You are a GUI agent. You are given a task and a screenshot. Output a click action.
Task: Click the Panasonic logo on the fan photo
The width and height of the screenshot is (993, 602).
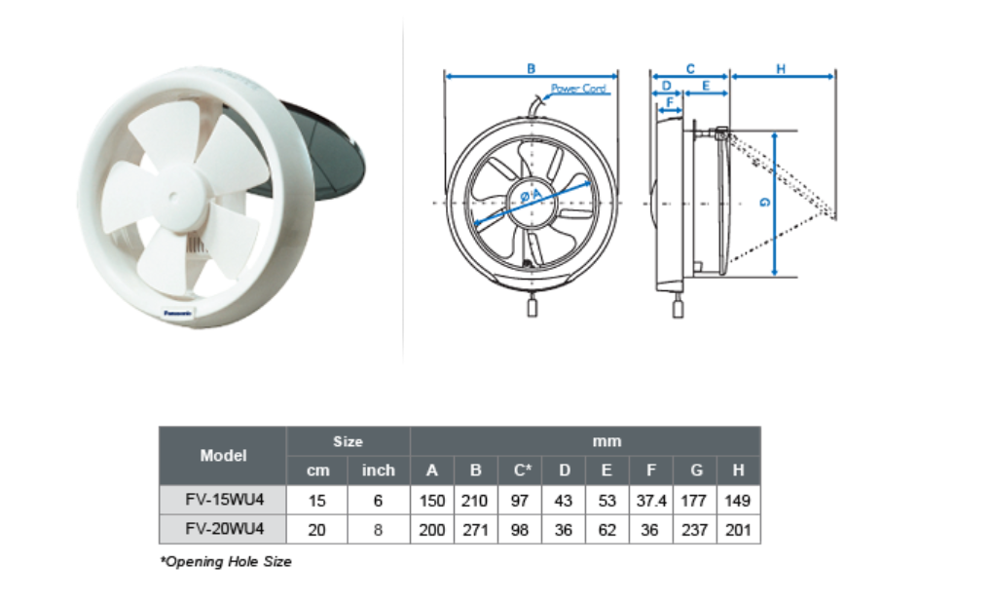point(178,313)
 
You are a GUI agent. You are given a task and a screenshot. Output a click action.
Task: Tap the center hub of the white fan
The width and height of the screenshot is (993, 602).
point(173,197)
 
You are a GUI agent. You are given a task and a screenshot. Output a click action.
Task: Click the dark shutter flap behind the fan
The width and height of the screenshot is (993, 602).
point(320,152)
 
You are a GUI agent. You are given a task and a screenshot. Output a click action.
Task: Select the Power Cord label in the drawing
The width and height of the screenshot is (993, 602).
point(579,89)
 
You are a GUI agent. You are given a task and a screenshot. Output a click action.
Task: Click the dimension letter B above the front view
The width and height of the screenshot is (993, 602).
point(531,68)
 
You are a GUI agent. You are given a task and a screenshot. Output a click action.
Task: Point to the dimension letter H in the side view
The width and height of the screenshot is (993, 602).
point(781,68)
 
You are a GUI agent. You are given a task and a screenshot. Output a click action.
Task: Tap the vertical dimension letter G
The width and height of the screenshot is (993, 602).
point(765,203)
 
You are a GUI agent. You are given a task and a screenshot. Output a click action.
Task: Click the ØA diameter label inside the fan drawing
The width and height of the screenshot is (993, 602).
point(532,195)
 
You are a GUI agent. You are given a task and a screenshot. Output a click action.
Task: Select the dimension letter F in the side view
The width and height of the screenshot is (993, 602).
point(670,102)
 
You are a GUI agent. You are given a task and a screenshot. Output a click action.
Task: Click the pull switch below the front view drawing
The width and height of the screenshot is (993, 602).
point(532,308)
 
